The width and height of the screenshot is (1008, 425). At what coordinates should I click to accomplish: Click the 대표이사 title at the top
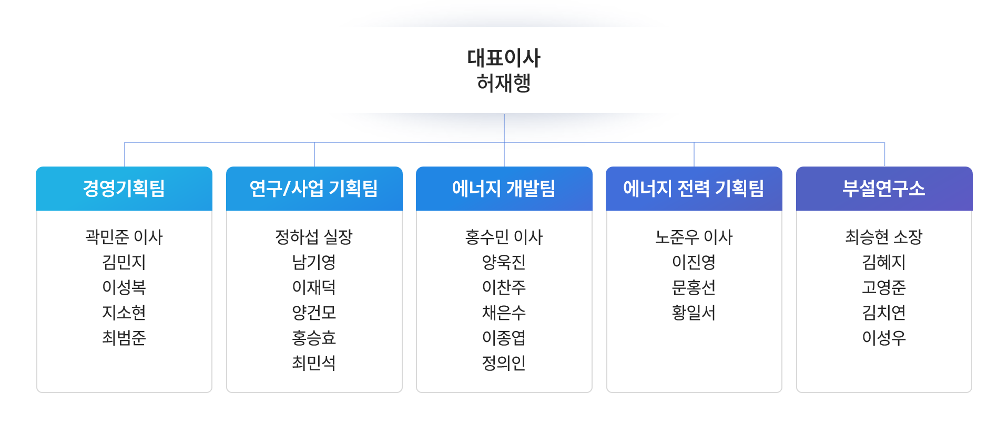pos(504,58)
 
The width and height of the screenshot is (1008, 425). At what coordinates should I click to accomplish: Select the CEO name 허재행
pos(504,83)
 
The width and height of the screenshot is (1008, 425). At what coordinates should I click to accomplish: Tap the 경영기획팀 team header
pos(124,188)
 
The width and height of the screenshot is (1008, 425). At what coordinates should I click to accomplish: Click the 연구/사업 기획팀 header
pos(314,188)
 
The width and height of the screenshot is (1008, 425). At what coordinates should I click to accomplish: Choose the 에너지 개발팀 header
pos(504,188)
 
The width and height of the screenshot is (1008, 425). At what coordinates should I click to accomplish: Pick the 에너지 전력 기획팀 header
pos(694,188)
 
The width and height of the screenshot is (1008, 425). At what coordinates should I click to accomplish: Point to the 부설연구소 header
pos(884,188)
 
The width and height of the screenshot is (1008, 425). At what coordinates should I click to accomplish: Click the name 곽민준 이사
pos(124,237)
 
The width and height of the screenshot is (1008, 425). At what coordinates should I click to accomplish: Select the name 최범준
pos(124,338)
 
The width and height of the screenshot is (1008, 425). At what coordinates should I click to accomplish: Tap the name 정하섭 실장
pos(314,237)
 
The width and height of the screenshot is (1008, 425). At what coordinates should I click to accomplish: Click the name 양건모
pos(314,313)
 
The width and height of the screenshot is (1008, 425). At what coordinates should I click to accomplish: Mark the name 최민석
pos(314,363)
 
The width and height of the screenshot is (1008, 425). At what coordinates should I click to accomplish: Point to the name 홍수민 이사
pos(504,237)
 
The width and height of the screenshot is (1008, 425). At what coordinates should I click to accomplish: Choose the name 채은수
pos(504,313)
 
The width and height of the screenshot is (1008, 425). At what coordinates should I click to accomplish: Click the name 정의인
pos(504,363)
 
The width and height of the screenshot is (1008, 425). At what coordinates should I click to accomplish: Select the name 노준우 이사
pos(694,237)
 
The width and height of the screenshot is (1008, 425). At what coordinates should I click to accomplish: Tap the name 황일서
pos(694,313)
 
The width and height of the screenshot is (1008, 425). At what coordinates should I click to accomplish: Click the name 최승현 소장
pos(884,237)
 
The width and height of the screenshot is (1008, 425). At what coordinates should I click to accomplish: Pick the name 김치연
pos(884,313)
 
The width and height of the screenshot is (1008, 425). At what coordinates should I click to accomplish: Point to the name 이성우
pos(884,338)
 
